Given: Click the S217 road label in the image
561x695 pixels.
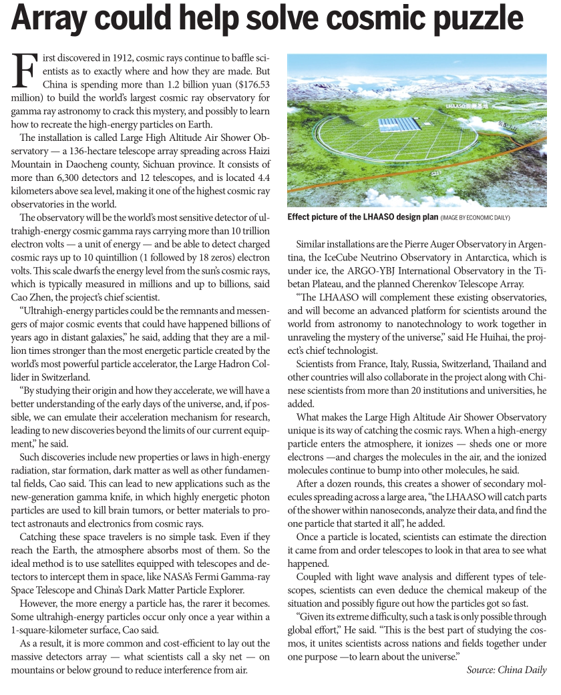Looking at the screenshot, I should click(x=438, y=172).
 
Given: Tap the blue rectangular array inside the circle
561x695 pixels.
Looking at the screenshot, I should click(x=395, y=126).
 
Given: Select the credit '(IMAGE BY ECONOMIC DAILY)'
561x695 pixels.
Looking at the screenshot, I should click(x=475, y=217).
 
